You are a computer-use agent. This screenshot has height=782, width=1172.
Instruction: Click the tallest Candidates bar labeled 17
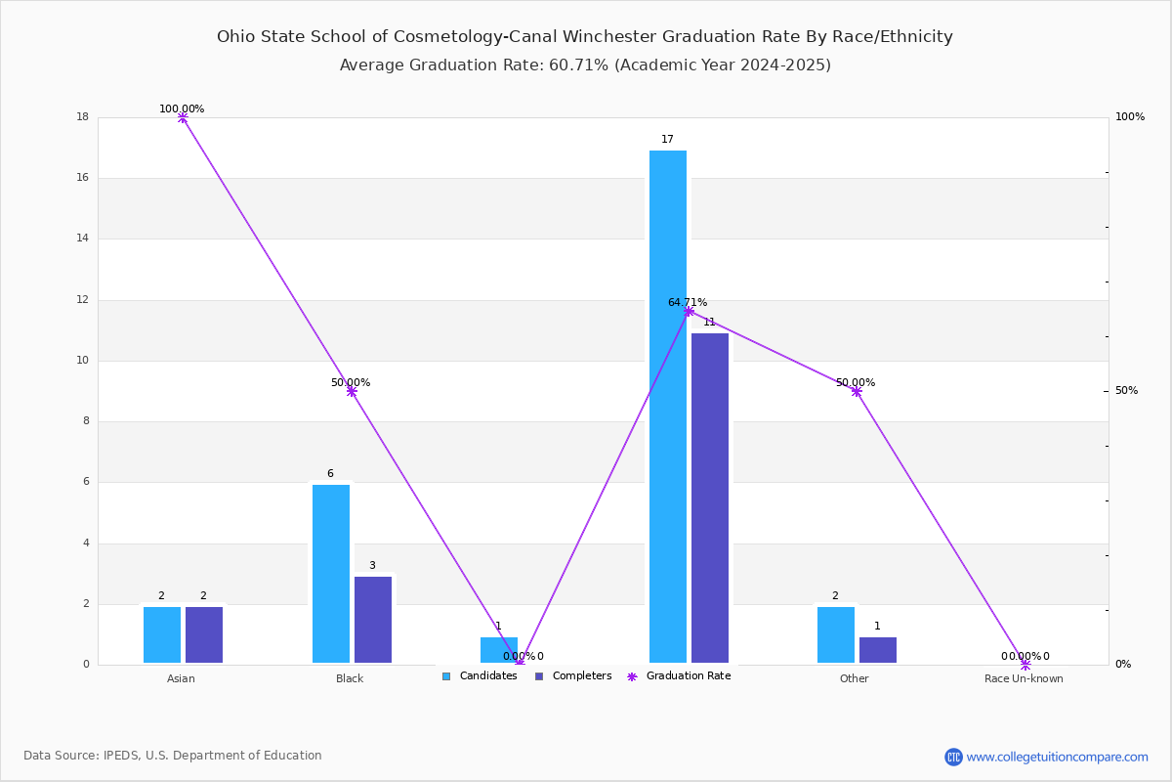[668, 407]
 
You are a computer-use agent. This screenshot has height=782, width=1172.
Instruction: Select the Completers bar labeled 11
[709, 498]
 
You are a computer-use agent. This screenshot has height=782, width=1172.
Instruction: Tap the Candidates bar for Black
[331, 574]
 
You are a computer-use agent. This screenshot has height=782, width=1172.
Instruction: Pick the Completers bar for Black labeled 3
[372, 620]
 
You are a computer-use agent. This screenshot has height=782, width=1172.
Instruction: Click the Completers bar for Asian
[204, 634]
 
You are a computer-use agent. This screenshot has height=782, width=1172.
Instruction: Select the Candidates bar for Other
[836, 634]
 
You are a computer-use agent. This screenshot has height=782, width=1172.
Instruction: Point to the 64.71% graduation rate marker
[690, 312]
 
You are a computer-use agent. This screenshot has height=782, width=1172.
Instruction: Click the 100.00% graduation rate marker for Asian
[183, 118]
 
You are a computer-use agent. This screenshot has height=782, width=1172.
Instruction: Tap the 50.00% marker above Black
[352, 391]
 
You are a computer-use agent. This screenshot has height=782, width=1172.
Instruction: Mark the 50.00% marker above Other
[857, 391]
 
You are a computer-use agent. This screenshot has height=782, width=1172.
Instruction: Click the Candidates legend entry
[480, 675]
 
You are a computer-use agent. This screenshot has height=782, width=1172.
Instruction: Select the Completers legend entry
[573, 675]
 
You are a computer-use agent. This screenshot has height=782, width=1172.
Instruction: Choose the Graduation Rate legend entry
[679, 675]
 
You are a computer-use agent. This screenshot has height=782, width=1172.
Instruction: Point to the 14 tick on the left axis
[83, 239]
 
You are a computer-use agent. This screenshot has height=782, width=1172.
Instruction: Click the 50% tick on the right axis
[1126, 390]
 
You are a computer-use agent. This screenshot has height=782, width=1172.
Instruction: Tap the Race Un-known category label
[1024, 678]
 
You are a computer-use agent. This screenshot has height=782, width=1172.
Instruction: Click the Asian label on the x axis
[181, 678]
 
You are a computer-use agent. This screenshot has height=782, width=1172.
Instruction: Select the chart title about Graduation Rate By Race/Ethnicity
[585, 36]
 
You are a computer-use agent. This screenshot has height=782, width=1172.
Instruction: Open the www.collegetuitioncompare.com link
[1057, 757]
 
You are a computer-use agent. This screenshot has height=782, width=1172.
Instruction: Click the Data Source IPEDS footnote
[173, 756]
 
